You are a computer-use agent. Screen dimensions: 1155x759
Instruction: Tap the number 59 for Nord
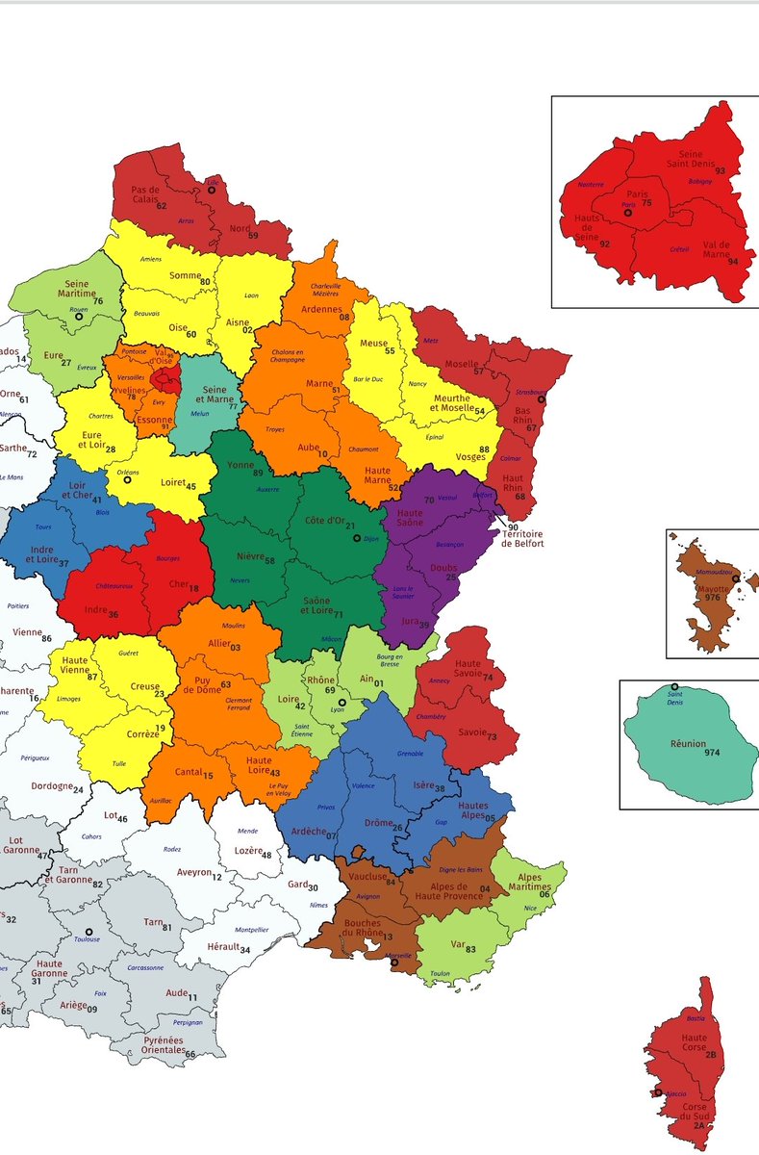tap(253, 235)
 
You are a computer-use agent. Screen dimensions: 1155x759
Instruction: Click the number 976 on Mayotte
tap(712, 597)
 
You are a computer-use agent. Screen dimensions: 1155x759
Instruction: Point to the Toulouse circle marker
tap(89, 932)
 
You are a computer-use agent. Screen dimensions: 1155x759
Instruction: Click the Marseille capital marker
tap(393, 962)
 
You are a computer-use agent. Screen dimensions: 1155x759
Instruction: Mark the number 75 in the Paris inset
tap(646, 203)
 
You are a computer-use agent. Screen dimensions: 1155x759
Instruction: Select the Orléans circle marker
tap(126, 478)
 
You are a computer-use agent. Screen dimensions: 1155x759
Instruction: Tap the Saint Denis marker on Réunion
tap(674, 687)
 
